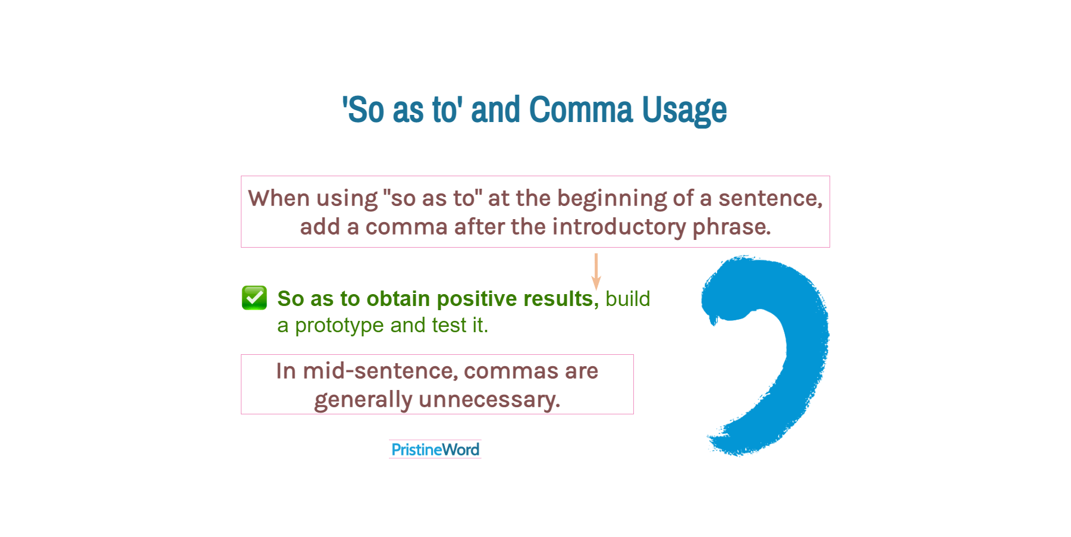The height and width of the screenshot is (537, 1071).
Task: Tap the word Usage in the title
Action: click(x=684, y=111)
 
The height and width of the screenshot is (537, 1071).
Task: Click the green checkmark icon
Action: click(x=255, y=298)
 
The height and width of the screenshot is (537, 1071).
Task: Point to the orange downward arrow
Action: click(x=596, y=271)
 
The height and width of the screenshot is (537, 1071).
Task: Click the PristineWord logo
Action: click(x=435, y=449)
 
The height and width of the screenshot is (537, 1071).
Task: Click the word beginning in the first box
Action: click(x=612, y=199)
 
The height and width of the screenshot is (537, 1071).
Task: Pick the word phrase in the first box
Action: click(x=731, y=227)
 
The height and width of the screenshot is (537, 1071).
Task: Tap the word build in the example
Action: click(x=628, y=299)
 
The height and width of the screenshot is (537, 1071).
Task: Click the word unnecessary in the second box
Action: click(x=489, y=400)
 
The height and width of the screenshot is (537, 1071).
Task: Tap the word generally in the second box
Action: click(x=363, y=400)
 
